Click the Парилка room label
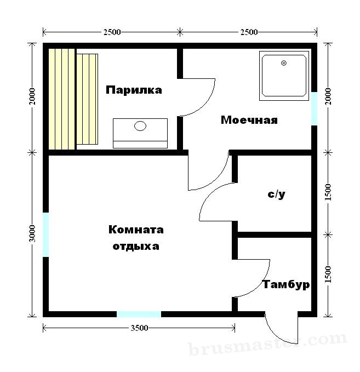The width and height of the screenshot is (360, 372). coord(134,90)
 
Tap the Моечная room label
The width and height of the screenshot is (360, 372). coord(249,120)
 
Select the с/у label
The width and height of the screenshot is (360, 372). coord(276,194)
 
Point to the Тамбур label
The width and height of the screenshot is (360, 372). coord(286,284)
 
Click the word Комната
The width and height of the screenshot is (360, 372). coord(136,230)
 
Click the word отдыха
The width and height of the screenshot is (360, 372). coord(136,246)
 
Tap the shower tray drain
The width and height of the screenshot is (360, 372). coord(284,63)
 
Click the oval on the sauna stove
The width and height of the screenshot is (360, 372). coord(140,126)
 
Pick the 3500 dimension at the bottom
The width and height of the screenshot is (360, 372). coord(139,328)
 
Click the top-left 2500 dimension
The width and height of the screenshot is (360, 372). coord(112,32)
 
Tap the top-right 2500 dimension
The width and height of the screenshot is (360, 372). coord(249,32)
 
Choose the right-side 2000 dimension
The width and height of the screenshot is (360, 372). coord(328,96)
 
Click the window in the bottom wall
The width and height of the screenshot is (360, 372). coord(139,314)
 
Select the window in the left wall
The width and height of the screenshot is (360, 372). coord(46,234)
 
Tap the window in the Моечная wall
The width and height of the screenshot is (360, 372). coord(314,108)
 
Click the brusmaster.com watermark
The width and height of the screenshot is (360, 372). coord(268,344)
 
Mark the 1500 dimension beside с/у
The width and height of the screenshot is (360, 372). coord(328,192)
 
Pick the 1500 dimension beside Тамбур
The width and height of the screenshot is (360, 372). coord(328,274)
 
